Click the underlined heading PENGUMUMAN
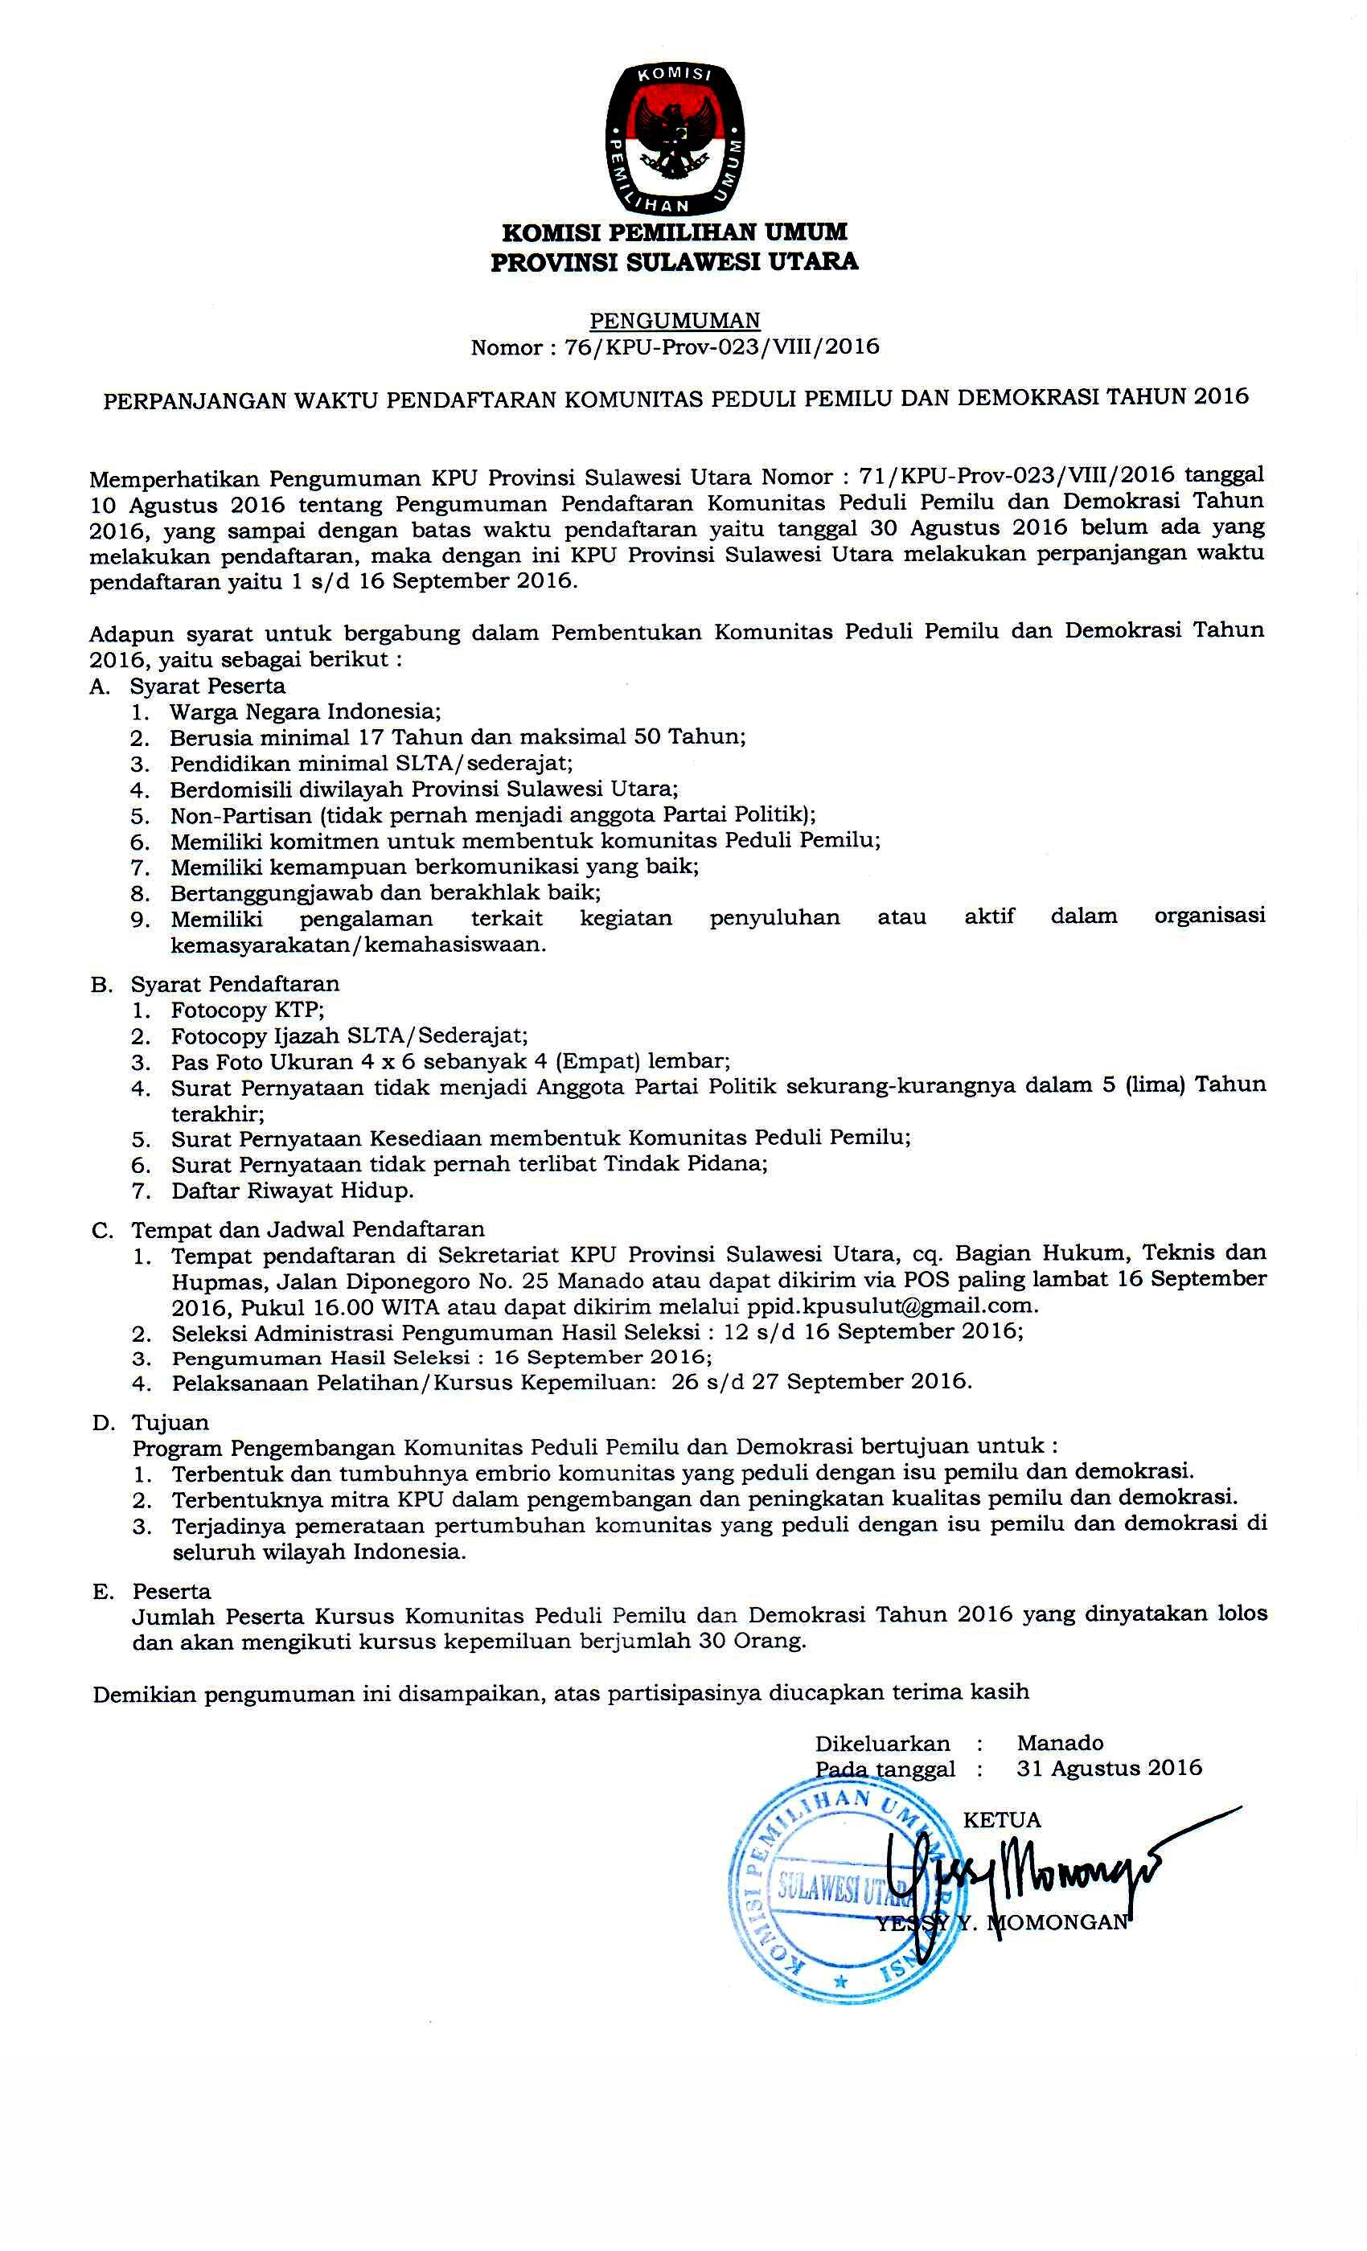point(675,321)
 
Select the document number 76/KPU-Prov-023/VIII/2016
point(722,347)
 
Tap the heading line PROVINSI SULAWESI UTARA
point(675,262)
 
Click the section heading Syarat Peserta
point(207,686)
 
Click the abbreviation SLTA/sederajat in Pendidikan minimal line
point(491,763)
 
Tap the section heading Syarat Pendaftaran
point(235,984)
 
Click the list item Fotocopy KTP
point(248,1010)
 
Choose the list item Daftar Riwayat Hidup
point(293,1191)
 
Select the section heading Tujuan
point(170,1422)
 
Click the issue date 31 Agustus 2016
point(1108,1769)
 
